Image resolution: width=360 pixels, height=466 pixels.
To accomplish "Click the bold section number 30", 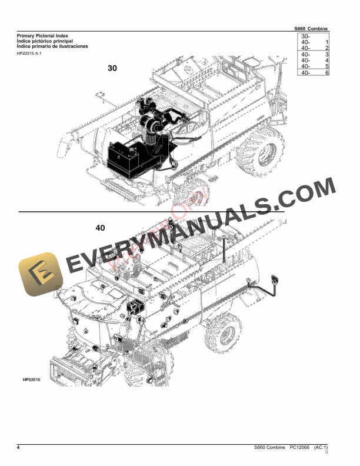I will (x=112, y=68).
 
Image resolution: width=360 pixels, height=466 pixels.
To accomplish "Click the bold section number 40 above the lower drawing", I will (x=100, y=227).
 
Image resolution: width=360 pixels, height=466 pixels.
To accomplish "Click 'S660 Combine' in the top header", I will (x=311, y=29).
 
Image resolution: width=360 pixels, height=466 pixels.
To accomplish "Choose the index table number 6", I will (x=326, y=72).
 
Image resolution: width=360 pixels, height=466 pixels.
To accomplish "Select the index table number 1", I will (x=326, y=43).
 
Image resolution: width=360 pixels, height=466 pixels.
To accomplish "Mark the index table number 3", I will (x=326, y=55).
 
